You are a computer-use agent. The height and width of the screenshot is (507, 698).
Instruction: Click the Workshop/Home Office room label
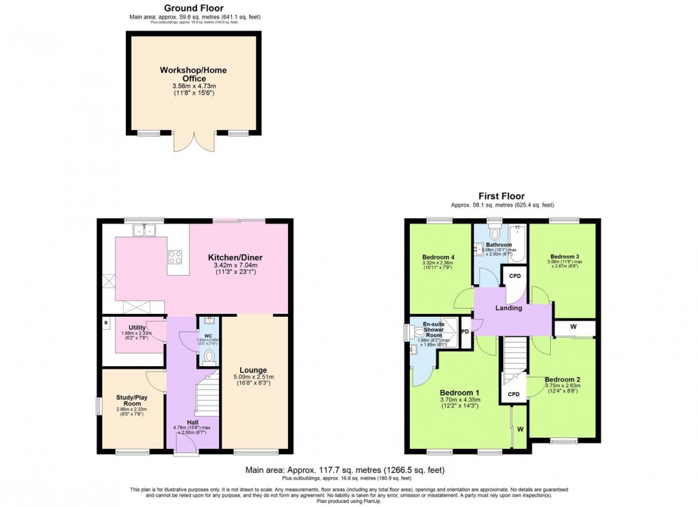pyautogui.click(x=193, y=75)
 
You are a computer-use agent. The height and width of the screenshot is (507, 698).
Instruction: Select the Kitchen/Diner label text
pyautogui.click(x=235, y=258)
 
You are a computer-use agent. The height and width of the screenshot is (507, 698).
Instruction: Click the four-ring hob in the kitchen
pyautogui.click(x=174, y=258)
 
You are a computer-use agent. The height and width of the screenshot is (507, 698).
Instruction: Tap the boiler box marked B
pyautogui.click(x=106, y=322)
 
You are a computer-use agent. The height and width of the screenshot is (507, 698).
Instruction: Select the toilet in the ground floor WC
pyautogui.click(x=209, y=356)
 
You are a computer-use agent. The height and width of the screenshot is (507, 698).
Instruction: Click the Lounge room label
pyautogui.click(x=253, y=370)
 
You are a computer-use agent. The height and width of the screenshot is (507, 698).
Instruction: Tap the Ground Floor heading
pyautogui.click(x=194, y=8)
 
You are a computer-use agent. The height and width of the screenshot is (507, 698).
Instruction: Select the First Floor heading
pyautogui.click(x=502, y=196)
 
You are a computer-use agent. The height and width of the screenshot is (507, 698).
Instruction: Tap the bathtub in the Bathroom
pyautogui.click(x=517, y=243)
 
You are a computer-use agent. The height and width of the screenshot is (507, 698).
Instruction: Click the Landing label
pyautogui.click(x=508, y=308)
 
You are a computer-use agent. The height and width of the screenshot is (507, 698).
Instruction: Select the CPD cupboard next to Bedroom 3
pyautogui.click(x=514, y=276)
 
